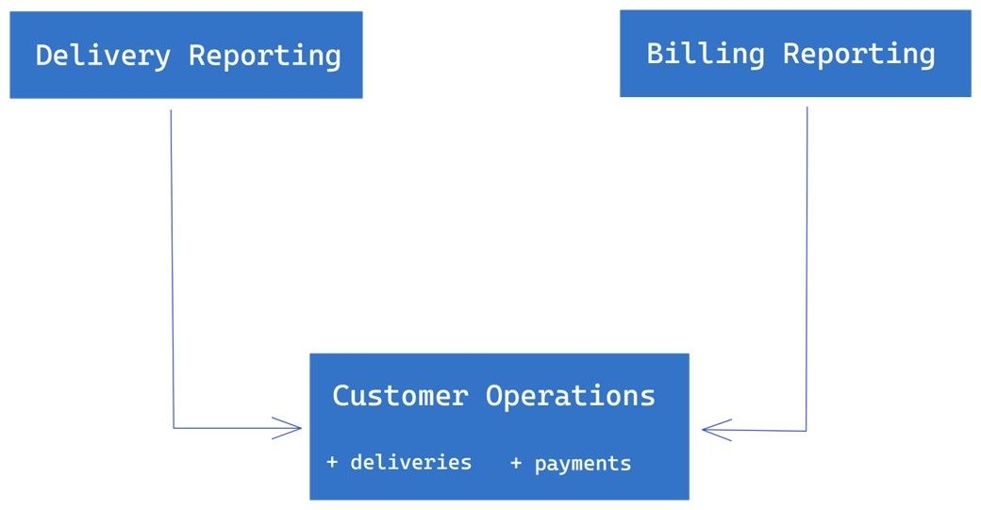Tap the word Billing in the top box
click(x=706, y=55)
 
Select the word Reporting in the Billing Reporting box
click(x=859, y=55)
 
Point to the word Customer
click(x=400, y=396)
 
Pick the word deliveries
click(x=411, y=462)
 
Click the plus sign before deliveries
click(x=332, y=463)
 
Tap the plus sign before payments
click(x=516, y=463)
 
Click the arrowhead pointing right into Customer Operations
click(x=288, y=428)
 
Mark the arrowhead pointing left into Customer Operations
click(x=716, y=430)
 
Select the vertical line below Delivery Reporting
click(x=172, y=269)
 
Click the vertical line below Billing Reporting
click(x=806, y=269)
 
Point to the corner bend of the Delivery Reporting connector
click(x=174, y=428)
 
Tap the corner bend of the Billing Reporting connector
click(x=806, y=431)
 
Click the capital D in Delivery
click(x=43, y=55)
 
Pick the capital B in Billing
click(x=655, y=53)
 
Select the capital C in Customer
click(x=341, y=396)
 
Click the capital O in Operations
click(x=494, y=396)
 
